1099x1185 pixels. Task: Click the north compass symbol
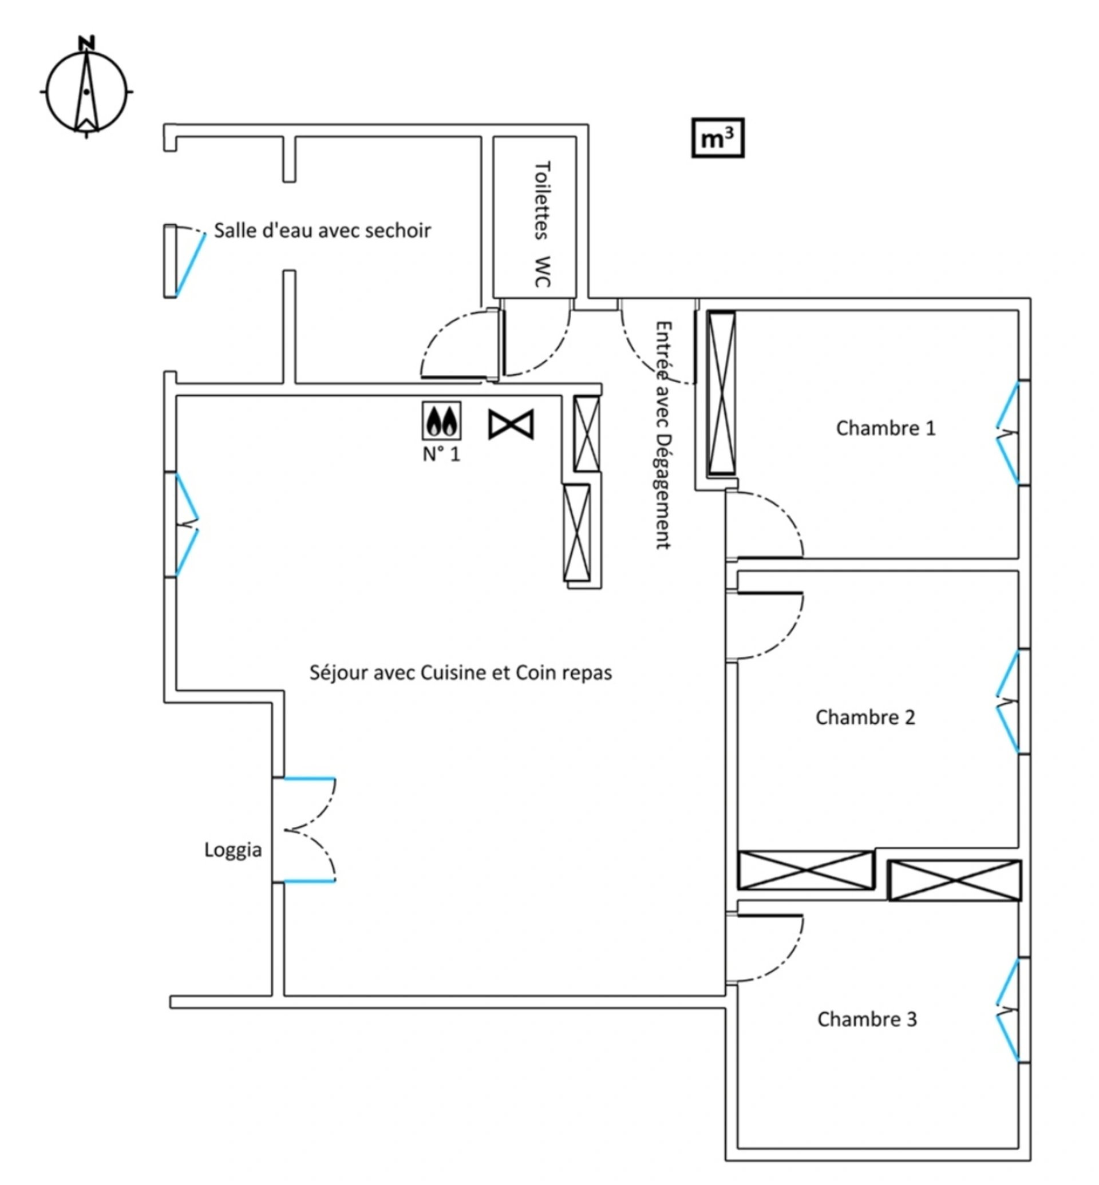tap(87, 89)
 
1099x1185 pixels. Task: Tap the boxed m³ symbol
tap(718, 138)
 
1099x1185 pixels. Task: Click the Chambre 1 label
tap(885, 428)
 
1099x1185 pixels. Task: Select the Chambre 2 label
tap(865, 717)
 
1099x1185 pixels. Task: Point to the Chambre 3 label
tap(867, 1019)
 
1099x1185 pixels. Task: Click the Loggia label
tap(232, 850)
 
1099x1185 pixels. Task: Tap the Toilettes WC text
tap(541, 224)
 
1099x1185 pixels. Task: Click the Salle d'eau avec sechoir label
tap(322, 231)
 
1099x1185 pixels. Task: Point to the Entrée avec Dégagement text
tap(663, 435)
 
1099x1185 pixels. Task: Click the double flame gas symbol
tap(441, 421)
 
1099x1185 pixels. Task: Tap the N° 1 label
tap(441, 454)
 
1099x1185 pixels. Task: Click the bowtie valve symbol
tap(511, 425)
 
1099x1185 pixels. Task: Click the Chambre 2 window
tap(1007, 702)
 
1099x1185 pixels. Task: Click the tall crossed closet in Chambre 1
tap(721, 394)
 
